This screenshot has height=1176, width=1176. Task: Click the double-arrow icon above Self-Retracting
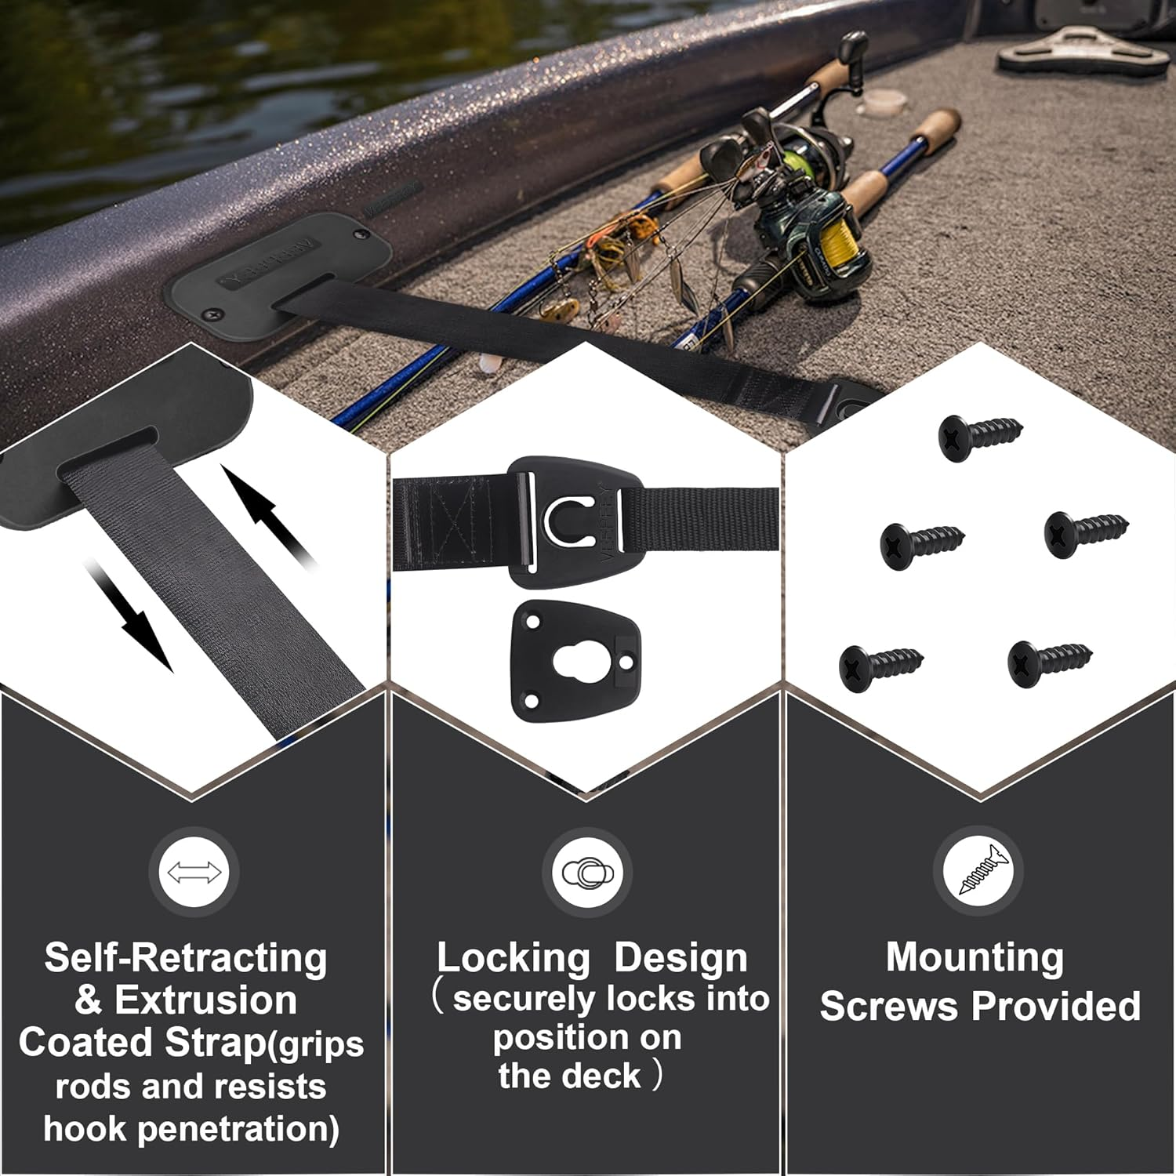(194, 872)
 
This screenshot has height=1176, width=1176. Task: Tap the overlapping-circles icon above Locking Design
(586, 872)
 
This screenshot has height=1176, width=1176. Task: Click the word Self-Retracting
(186, 958)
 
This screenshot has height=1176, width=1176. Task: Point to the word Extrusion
(205, 1000)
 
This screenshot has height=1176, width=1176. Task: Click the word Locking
(514, 958)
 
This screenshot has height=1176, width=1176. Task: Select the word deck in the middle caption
(601, 1076)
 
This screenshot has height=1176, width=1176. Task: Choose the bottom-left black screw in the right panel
(880, 666)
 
